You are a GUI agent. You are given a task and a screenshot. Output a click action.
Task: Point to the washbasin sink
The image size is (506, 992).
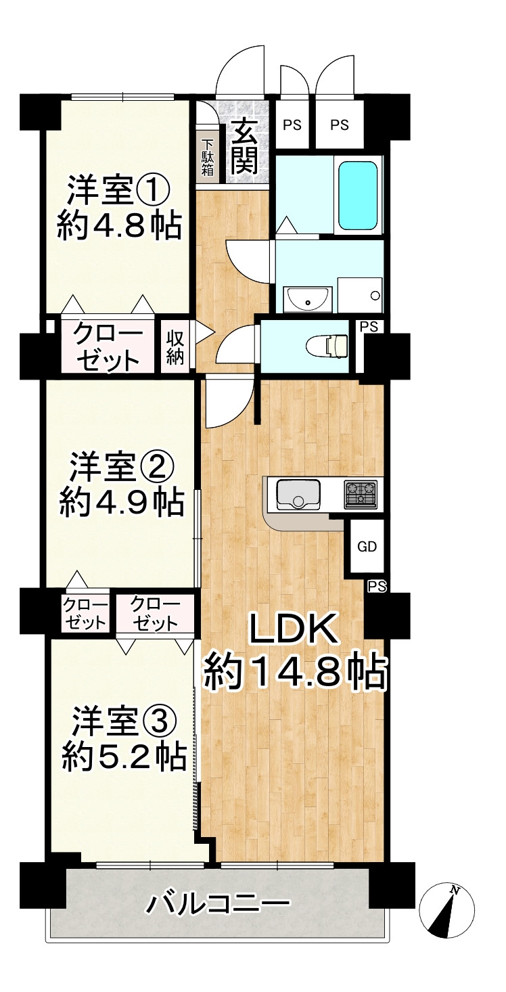pos(308,297)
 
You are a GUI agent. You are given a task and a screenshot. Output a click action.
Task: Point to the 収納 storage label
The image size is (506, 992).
pos(175,347)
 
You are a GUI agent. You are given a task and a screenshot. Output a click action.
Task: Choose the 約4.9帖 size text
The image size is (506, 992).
pos(121,501)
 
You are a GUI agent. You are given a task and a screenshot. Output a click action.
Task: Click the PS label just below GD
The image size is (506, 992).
pos(377,587)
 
